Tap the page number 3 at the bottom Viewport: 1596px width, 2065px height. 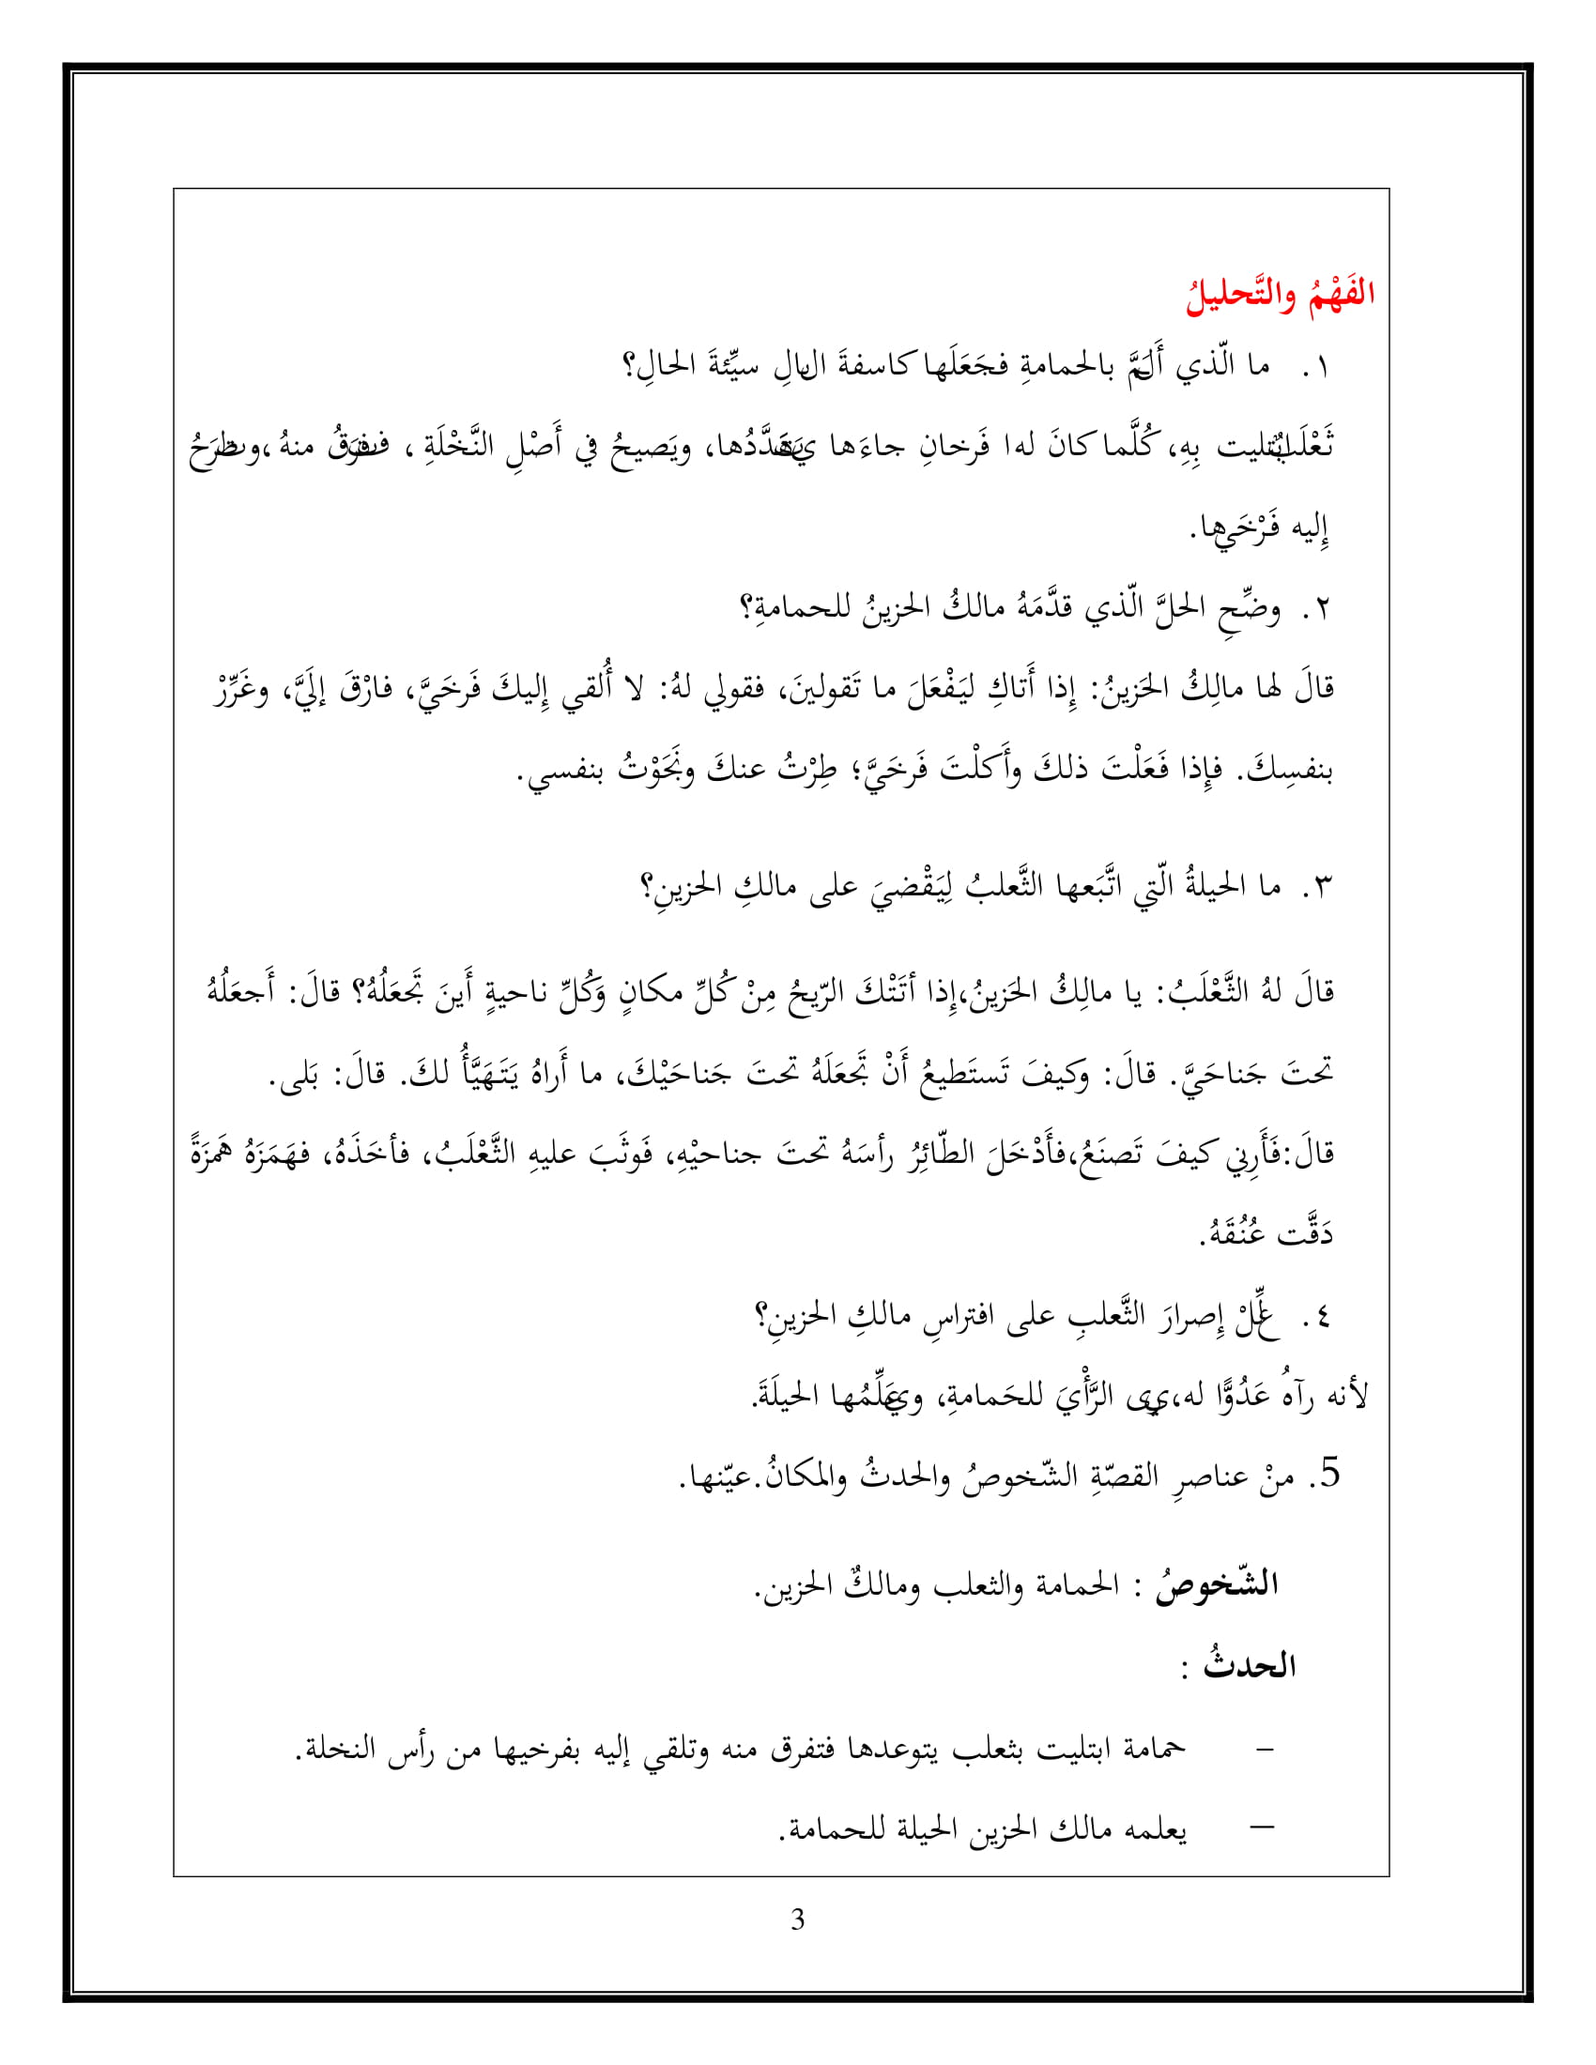(797, 1920)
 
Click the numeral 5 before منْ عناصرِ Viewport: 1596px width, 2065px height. (1330, 1474)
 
